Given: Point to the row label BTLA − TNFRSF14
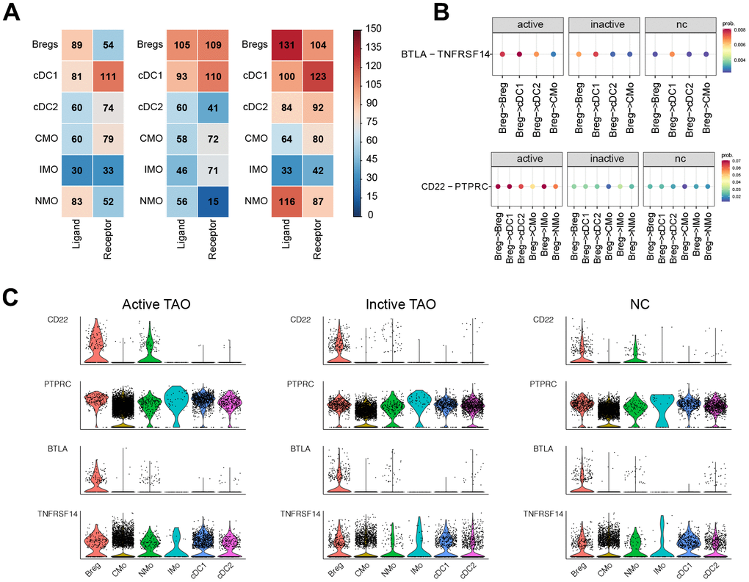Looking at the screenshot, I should click(445, 54).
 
